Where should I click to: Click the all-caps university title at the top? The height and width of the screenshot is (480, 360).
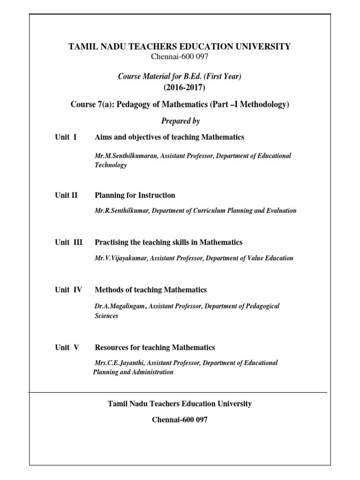coord(180,46)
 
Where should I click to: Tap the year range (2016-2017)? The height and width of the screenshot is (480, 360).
coord(184,88)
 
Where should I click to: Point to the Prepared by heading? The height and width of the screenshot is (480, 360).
coord(180,121)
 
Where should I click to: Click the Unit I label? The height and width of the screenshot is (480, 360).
coord(66,137)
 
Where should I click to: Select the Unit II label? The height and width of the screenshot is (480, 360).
coord(66,195)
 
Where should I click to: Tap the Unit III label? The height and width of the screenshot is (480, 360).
coord(68,242)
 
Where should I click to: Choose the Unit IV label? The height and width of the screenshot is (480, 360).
coord(68,290)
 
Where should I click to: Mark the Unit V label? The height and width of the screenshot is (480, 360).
coord(67,347)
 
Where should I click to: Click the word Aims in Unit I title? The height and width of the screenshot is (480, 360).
coord(103,137)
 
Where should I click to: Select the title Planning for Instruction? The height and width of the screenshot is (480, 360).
coord(135,195)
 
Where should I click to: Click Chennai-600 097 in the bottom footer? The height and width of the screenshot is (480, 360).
coord(180,420)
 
